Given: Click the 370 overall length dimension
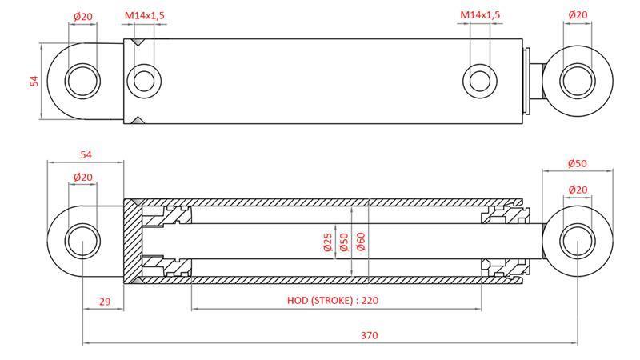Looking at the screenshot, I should tap(369, 335).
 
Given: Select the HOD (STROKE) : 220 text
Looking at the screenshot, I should tap(332, 301).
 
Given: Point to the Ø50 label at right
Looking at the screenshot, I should tap(578, 163).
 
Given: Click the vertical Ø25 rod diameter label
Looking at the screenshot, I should tap(327, 242).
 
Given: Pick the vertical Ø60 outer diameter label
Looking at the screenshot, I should tap(361, 242).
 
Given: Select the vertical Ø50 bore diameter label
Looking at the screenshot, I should tap(344, 242).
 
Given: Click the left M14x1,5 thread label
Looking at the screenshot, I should tap(144, 15).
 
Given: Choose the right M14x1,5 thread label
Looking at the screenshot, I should tap(480, 15).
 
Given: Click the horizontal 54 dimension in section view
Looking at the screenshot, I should tap(85, 154).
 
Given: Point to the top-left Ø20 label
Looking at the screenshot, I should tap(82, 15).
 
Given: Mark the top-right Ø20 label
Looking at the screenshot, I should tap(578, 15).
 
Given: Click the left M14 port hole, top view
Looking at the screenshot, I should tap(144, 80).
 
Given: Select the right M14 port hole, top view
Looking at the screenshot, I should tap(479, 80).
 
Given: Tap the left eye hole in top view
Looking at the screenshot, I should tap(82, 81).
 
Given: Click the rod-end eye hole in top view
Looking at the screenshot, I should tap(577, 81).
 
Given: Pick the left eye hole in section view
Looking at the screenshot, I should tap(82, 242).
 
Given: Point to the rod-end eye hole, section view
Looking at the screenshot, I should tap(577, 242).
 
